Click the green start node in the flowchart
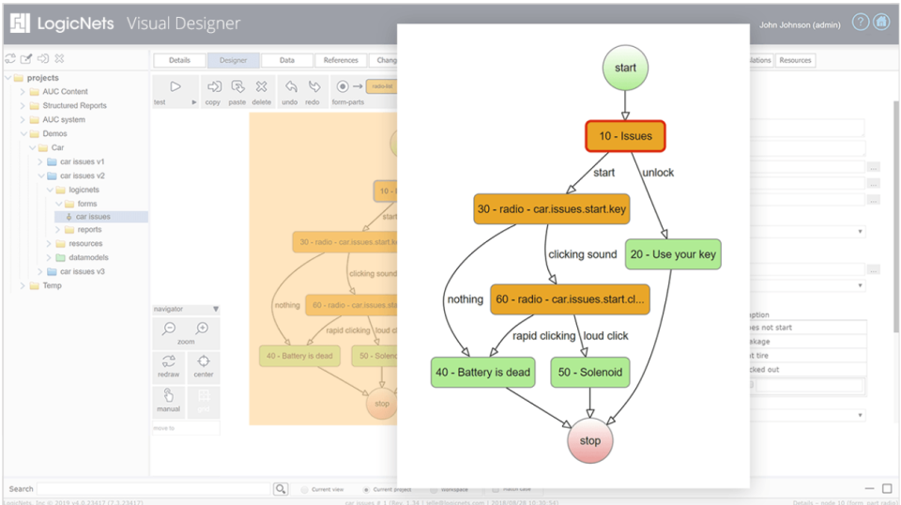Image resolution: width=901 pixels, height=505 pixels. (x=625, y=69)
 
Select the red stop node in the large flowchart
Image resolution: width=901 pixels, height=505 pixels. (x=590, y=440)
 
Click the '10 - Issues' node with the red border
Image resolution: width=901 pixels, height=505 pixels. (x=625, y=137)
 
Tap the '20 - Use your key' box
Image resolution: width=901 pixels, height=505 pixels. (x=673, y=254)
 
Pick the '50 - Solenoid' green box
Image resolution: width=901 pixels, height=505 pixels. (x=589, y=373)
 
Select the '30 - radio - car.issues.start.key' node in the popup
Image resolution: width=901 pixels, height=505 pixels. (x=551, y=209)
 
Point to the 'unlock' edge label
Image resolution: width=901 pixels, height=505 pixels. (x=658, y=173)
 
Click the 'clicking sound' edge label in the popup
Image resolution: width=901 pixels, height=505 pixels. (x=583, y=254)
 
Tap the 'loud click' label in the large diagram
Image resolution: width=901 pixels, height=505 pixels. (x=605, y=336)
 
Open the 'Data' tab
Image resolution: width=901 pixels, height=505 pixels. (x=287, y=60)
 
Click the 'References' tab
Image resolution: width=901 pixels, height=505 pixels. (x=341, y=60)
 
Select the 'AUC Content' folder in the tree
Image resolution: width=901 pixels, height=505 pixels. (x=65, y=92)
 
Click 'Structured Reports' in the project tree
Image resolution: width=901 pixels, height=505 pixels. (x=74, y=106)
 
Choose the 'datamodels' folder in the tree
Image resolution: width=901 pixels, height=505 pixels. (x=88, y=257)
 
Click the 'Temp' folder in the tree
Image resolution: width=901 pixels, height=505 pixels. (x=52, y=285)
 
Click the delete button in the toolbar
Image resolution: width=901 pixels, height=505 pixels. (x=261, y=90)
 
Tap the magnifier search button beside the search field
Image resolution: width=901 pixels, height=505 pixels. (x=281, y=489)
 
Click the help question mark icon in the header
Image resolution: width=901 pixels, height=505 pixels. (x=860, y=23)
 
